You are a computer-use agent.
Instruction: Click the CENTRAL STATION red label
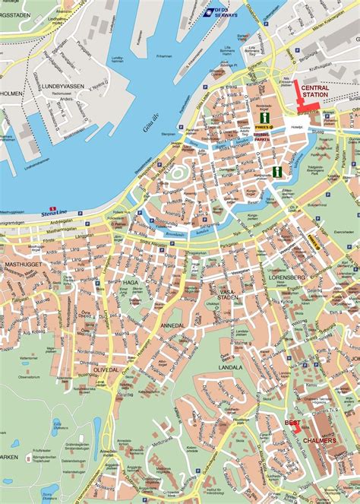tap(314, 92)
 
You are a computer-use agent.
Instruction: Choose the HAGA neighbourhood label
tap(130, 282)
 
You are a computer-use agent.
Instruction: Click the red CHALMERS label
tap(317, 440)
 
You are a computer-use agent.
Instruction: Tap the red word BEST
tap(292, 422)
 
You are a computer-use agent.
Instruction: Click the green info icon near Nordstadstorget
tap(264, 118)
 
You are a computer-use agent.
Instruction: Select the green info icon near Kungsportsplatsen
tap(278, 172)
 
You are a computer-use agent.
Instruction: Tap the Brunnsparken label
tap(262, 140)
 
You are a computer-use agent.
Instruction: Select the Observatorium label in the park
tap(27, 355)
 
